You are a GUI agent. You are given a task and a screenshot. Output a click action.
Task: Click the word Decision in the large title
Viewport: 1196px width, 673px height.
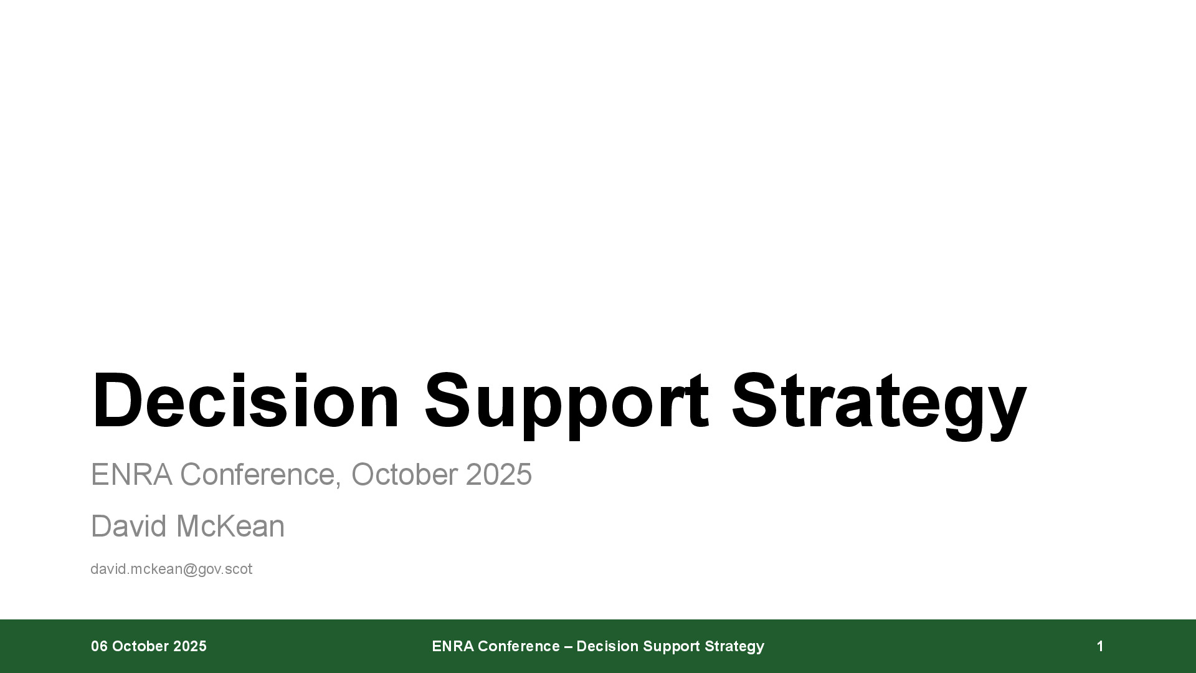[245, 400]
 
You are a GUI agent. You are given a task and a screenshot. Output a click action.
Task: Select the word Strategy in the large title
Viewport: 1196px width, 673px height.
[878, 405]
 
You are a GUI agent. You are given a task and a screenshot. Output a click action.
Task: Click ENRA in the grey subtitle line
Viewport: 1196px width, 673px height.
[131, 475]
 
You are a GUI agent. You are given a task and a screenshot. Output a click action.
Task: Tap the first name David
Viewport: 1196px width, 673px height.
[130, 527]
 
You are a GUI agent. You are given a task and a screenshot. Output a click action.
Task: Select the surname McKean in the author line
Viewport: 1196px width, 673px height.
[230, 527]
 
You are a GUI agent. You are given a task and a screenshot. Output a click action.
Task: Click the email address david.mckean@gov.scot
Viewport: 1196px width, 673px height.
[171, 570]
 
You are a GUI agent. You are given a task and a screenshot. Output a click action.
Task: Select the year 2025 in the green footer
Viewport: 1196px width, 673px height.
[190, 646]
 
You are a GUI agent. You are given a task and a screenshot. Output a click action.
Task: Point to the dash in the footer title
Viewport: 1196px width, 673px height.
[568, 647]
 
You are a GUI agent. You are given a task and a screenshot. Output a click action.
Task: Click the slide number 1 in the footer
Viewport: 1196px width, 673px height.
[1100, 646]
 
